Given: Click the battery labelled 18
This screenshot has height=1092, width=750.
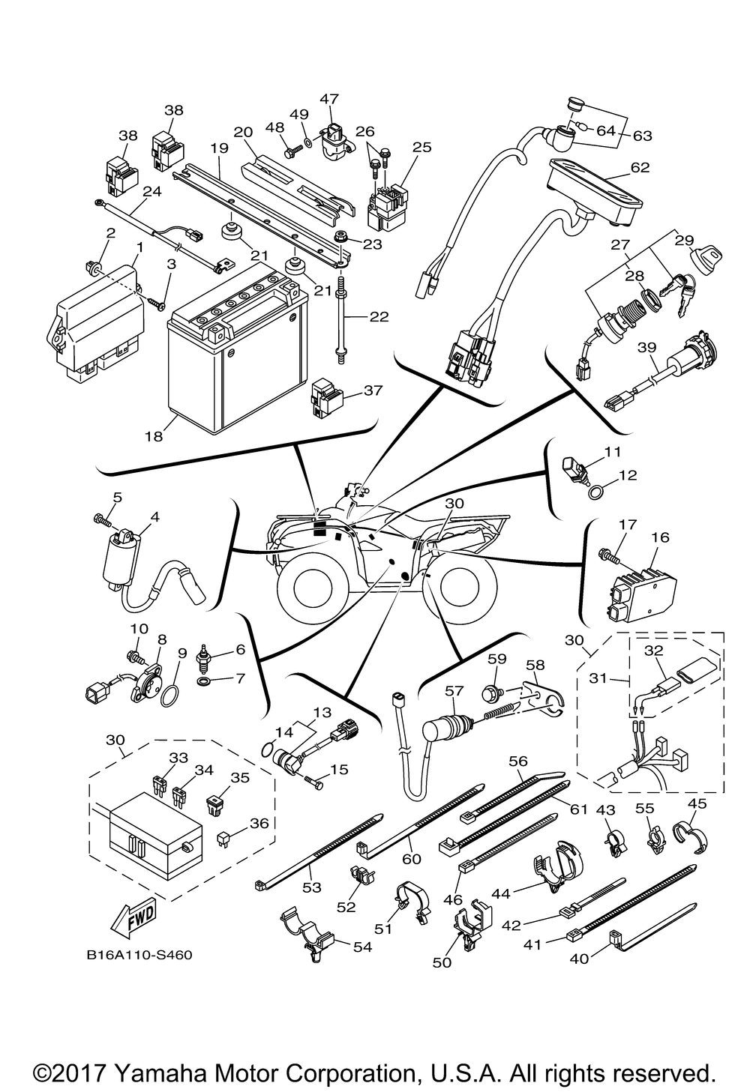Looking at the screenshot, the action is click(x=238, y=349).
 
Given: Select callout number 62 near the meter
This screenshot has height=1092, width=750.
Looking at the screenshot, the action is click(x=640, y=167).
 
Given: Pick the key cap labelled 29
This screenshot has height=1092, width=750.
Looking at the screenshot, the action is click(x=706, y=255).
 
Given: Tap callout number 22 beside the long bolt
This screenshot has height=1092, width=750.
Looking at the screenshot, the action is click(x=379, y=317).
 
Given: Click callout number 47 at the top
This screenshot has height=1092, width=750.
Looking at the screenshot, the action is click(x=329, y=98).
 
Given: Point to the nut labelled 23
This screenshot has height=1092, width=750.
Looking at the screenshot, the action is click(x=340, y=239).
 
